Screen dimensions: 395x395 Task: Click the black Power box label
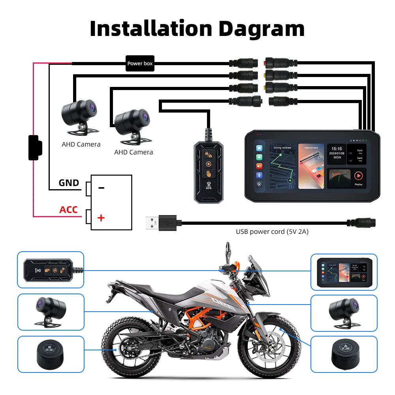(x=140, y=63)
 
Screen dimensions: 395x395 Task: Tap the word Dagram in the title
(x=261, y=28)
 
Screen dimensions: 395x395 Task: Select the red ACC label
(x=68, y=210)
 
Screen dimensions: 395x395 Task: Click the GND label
(x=69, y=183)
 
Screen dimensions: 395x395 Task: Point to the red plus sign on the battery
(x=101, y=218)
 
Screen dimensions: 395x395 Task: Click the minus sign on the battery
(x=101, y=188)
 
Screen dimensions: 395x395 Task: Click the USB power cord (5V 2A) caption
(x=272, y=232)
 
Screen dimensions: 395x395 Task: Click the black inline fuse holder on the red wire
(x=35, y=148)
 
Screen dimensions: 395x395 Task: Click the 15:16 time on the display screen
(x=337, y=149)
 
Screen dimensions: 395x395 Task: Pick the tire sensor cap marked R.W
(x=50, y=350)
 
